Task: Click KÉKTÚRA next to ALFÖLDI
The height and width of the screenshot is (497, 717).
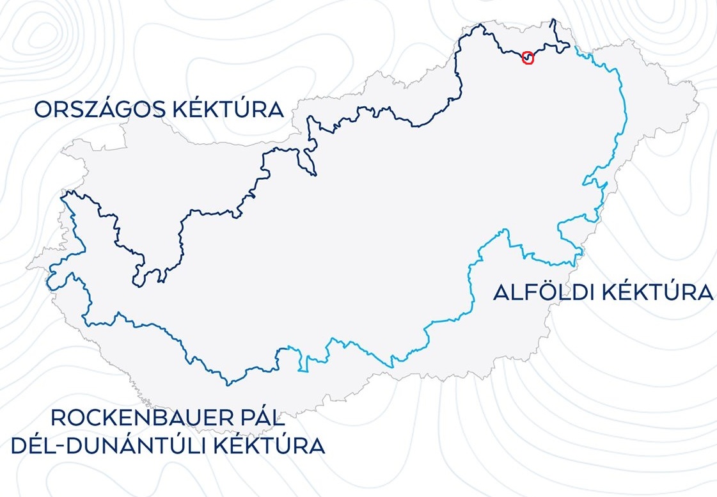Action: coord(658,293)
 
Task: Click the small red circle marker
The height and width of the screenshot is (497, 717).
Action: coord(528,58)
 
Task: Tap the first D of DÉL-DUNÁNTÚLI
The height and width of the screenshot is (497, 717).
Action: coord(20,445)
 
